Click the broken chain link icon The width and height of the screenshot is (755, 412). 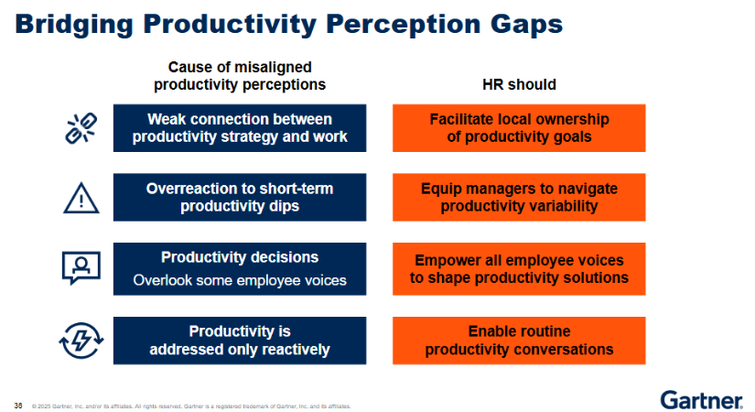pyautogui.click(x=81, y=128)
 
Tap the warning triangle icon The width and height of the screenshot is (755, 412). pyautogui.click(x=81, y=198)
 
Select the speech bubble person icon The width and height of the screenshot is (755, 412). pyautogui.click(x=81, y=268)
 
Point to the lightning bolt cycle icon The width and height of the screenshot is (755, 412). pyautogui.click(x=81, y=341)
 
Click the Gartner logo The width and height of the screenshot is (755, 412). pyautogui.click(x=701, y=400)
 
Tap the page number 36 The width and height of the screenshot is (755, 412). pyautogui.click(x=18, y=406)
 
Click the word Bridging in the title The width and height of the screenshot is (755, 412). pyautogui.click(x=74, y=25)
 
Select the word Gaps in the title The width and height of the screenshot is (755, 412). pyautogui.click(x=526, y=25)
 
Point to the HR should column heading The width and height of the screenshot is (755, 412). pyautogui.click(x=519, y=84)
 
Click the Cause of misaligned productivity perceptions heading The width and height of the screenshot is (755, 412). pyautogui.click(x=240, y=76)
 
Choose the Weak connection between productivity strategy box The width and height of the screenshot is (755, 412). pyautogui.click(x=240, y=128)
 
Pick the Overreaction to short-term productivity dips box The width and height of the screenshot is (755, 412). pyautogui.click(x=240, y=198)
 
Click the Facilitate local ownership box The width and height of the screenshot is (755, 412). pyautogui.click(x=519, y=128)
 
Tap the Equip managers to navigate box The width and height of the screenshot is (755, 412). pyautogui.click(x=519, y=198)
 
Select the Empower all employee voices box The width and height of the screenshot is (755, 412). pyautogui.click(x=519, y=269)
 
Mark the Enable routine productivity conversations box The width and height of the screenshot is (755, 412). pyautogui.click(x=519, y=341)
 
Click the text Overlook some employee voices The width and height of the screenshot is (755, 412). pyautogui.click(x=240, y=280)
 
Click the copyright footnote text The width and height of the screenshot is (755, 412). pyautogui.click(x=191, y=407)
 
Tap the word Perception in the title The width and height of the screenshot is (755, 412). pyautogui.click(x=403, y=25)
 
